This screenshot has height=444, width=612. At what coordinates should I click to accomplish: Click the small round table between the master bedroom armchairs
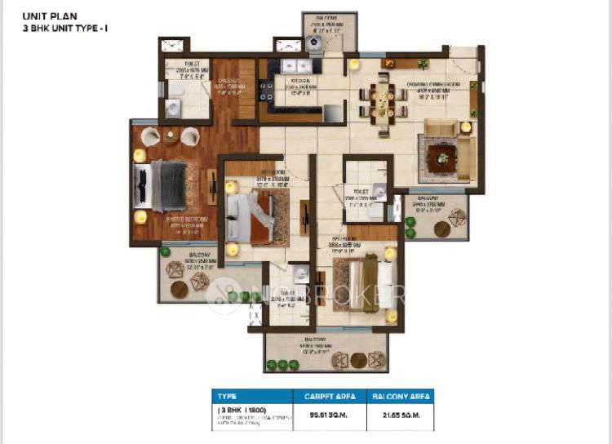coord(171,138)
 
